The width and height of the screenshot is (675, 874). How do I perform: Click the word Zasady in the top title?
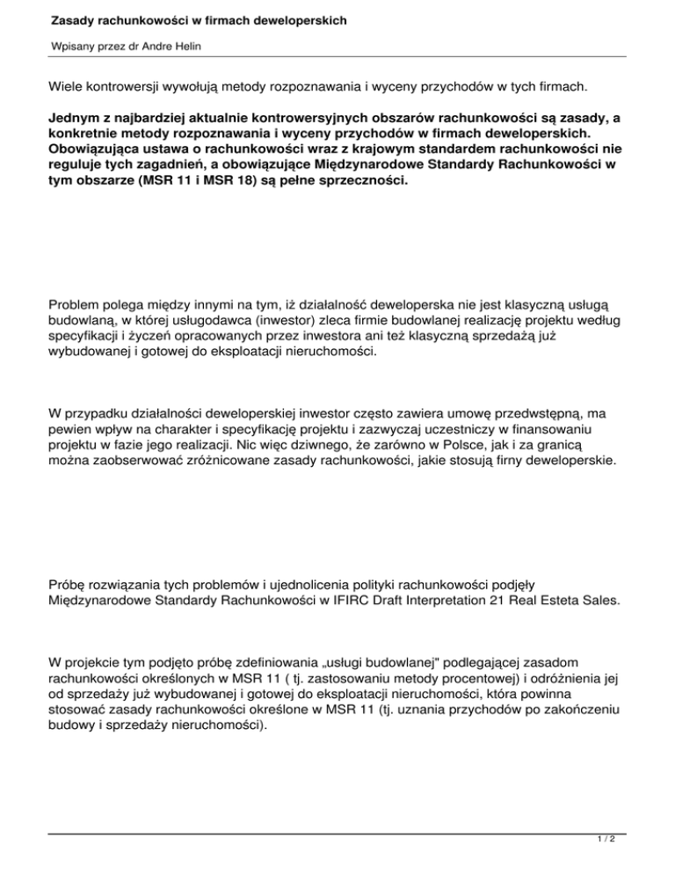pos(75,18)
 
